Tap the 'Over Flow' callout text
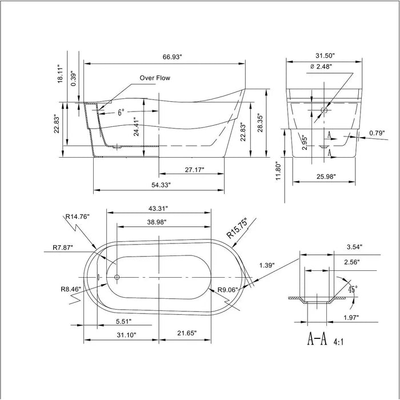pos(155,78)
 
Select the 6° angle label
pos(121,113)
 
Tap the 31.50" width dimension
pos(323,56)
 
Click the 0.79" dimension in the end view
pos(376,134)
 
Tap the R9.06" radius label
pos(227,290)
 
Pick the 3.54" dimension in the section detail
pos(354,247)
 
